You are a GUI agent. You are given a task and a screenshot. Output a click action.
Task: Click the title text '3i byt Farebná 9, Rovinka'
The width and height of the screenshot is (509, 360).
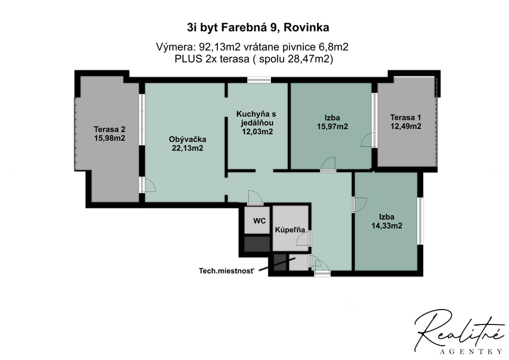258,28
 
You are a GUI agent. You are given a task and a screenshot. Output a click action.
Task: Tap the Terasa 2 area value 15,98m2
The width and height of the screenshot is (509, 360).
110,138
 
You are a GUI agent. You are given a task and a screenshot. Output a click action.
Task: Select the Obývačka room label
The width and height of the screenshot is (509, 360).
188,139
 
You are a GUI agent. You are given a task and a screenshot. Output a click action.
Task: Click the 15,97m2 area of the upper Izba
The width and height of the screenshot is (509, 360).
332,126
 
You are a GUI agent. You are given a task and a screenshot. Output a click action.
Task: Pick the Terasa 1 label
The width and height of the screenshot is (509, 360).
406,117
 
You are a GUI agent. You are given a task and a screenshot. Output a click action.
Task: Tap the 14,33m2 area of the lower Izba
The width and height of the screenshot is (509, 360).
387,226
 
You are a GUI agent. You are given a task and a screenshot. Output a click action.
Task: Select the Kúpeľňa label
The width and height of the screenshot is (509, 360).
290,230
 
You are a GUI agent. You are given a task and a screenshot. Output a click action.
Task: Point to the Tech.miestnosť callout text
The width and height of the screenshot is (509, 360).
226,271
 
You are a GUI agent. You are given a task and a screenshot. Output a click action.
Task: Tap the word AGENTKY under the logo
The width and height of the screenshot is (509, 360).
471,352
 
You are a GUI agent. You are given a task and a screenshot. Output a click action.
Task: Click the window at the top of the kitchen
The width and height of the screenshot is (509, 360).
259,80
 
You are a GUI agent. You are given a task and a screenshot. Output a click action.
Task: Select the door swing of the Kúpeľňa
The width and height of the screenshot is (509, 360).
304,239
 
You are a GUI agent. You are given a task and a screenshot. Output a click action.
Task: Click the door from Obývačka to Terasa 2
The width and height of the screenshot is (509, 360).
147,185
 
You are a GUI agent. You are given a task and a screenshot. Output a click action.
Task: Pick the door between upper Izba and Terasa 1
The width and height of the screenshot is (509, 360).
368,140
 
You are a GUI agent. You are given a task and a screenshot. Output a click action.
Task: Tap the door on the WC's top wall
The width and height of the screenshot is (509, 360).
255,198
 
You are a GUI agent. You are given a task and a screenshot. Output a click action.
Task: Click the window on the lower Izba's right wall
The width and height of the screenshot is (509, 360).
420,221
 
